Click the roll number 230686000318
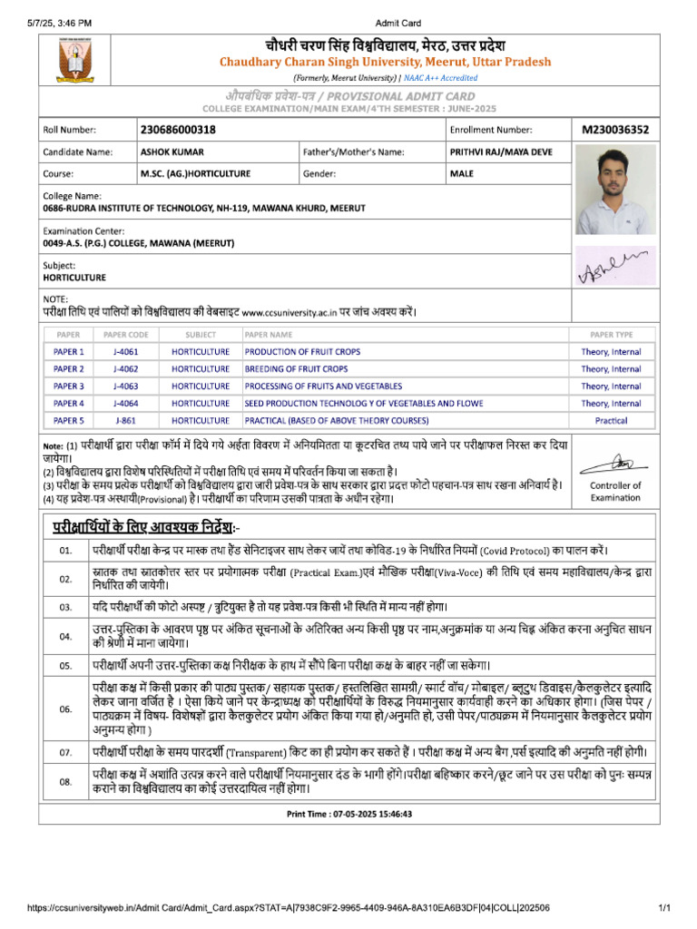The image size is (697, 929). pos(179,130)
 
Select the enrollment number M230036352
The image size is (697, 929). pos(615,130)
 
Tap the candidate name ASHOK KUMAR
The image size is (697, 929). pos(169,152)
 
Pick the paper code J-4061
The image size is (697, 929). pos(126,352)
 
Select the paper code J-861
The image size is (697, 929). pos(126,421)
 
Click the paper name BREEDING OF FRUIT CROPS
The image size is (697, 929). pos(296,369)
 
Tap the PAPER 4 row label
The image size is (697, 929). pos(69,404)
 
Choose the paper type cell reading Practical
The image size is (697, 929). pos(611,421)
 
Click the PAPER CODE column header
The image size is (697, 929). pos(126,335)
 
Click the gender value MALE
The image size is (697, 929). pos(462,173)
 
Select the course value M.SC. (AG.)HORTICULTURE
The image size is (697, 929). pos(195,173)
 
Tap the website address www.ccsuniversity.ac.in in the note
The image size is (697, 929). pos(289,313)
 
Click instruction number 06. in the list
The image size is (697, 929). pos(65,709)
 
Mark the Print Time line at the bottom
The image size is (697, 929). pos(349,815)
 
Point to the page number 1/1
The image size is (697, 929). pos(664,907)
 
